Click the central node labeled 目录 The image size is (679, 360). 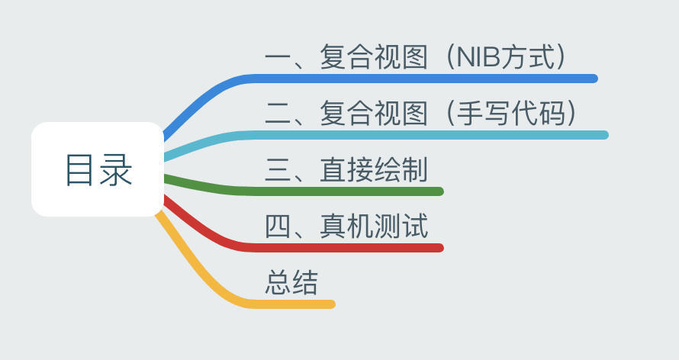98,169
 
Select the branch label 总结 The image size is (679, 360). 291,282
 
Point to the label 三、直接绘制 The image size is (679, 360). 346,169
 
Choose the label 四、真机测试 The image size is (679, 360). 346,226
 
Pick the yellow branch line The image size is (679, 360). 290,304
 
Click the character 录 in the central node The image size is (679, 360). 116,169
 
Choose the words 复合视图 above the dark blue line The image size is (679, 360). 374,58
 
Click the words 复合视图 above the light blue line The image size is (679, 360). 374,114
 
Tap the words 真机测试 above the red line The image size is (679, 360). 374,226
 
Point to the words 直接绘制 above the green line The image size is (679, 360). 374,169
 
